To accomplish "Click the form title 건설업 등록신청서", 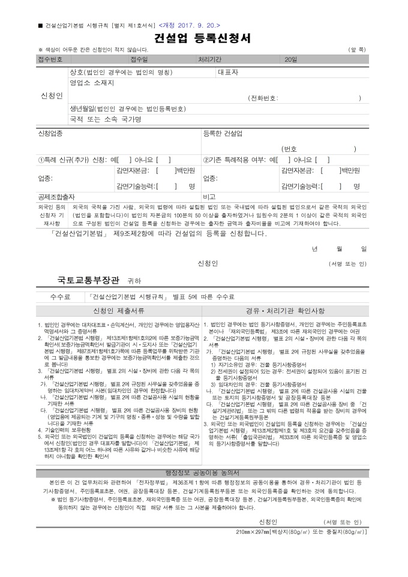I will point(204,40).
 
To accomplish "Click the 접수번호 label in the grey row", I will point(50,60).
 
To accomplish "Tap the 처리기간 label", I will point(210,60).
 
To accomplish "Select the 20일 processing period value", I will point(291,60).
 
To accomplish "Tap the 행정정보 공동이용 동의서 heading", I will point(203,473).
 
